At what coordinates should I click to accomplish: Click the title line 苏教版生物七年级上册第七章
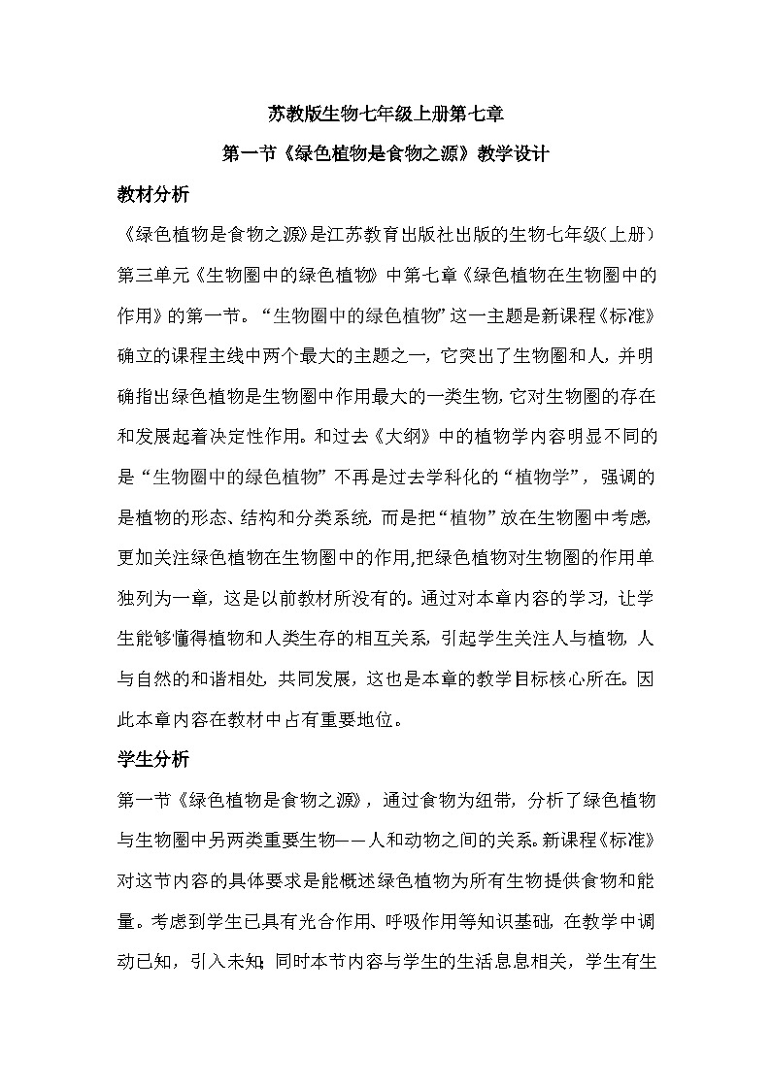(x=385, y=115)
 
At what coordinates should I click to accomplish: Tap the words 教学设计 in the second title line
(x=511, y=153)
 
